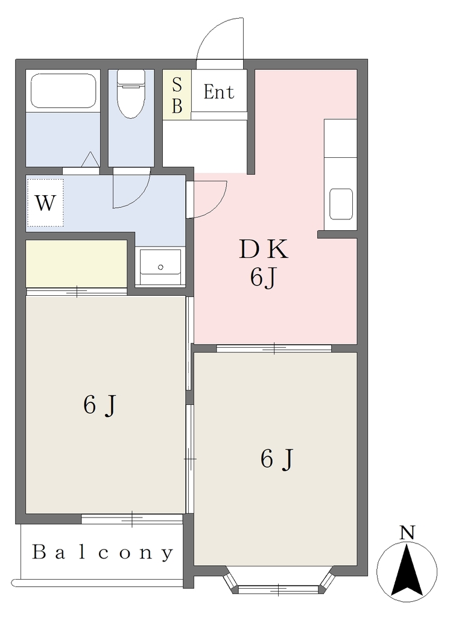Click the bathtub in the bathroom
coord(63,92)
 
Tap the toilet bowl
coord(132,95)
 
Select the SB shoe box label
coord(177,95)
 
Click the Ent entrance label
coord(219,92)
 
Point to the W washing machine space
coord(45,203)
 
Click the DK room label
coord(264,249)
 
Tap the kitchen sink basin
coord(341,204)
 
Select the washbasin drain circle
coord(160,267)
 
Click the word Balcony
coord(103,553)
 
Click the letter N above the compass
coord(407,533)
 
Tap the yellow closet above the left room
coord(77,264)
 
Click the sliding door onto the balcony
coord(132,519)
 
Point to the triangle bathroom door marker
coord(90,160)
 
